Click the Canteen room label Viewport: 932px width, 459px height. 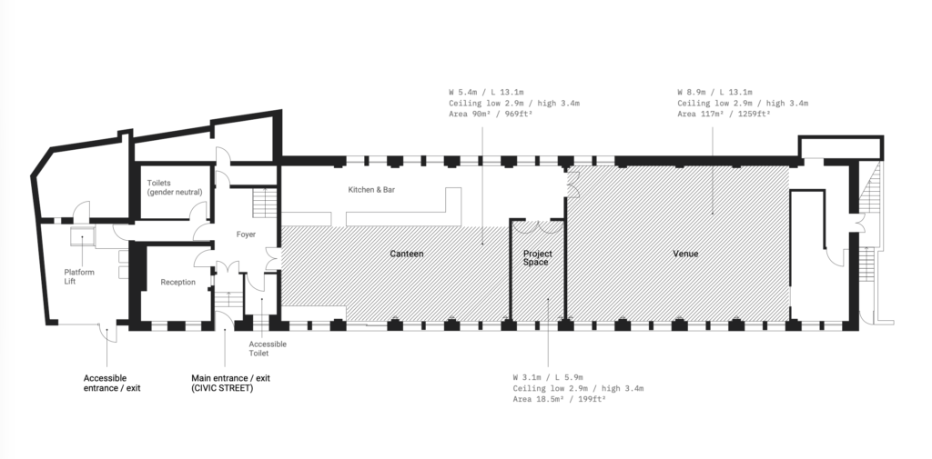point(407,254)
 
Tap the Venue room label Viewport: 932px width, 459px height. point(685,254)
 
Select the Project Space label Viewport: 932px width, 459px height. point(536,258)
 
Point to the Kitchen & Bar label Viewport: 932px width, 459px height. point(371,190)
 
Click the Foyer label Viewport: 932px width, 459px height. point(246,234)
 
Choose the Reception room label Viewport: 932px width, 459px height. point(177,282)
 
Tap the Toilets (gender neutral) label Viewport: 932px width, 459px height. point(175,187)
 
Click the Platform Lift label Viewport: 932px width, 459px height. point(79,276)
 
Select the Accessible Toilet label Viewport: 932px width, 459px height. point(268,348)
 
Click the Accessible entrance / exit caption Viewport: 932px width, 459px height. point(112,383)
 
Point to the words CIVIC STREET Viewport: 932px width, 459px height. point(222,388)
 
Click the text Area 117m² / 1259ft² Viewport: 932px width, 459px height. point(724,114)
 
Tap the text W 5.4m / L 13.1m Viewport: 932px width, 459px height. point(486,92)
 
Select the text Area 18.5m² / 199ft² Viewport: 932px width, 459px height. point(560,399)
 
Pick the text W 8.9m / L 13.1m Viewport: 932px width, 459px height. point(714,92)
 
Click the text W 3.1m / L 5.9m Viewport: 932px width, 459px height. point(548,377)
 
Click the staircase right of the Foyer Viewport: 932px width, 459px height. point(265,203)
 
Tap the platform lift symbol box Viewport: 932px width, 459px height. point(81,235)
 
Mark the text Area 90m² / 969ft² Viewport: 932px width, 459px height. point(491,114)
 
